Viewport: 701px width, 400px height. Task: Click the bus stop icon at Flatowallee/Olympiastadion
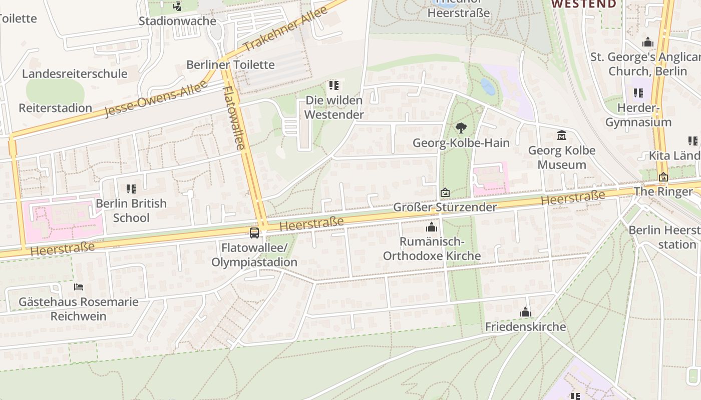254,233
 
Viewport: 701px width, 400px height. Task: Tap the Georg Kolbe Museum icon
561,135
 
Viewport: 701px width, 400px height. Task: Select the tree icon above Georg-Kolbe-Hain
461,128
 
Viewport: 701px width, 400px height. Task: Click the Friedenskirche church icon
525,312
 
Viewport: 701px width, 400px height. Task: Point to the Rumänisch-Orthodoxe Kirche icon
431,227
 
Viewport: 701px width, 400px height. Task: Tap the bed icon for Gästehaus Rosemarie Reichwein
79,287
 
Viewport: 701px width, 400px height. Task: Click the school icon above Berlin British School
131,189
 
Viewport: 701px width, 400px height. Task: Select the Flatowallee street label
234,118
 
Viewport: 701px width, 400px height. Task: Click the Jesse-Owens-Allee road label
156,99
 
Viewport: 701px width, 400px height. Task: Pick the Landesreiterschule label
75,74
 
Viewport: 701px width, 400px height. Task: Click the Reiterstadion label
56,108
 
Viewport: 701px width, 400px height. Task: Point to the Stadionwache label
177,21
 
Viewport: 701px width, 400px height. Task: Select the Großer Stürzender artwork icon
445,192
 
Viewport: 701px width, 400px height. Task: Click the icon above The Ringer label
663,177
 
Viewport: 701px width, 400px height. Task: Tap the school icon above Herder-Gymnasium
638,93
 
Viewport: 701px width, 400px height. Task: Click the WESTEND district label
584,4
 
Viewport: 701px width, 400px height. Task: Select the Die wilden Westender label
334,107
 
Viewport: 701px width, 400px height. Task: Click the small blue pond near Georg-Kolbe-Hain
487,86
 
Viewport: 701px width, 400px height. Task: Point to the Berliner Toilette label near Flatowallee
230,64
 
